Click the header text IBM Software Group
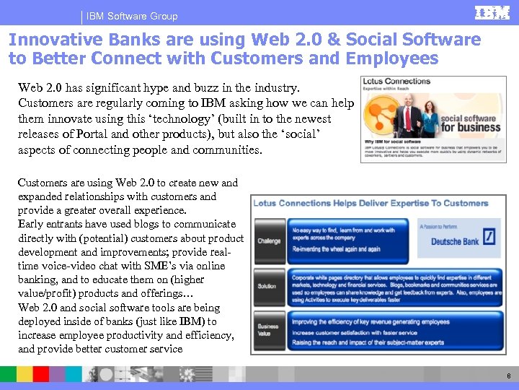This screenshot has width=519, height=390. (x=132, y=16)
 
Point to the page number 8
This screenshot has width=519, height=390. (x=509, y=376)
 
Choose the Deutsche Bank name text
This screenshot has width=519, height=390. (x=456, y=241)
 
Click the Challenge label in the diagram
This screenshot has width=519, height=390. (x=269, y=240)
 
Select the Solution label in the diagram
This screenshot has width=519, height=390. (x=267, y=286)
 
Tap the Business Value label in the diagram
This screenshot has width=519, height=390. (x=268, y=331)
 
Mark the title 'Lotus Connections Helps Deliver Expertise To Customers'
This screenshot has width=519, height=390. (x=371, y=203)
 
